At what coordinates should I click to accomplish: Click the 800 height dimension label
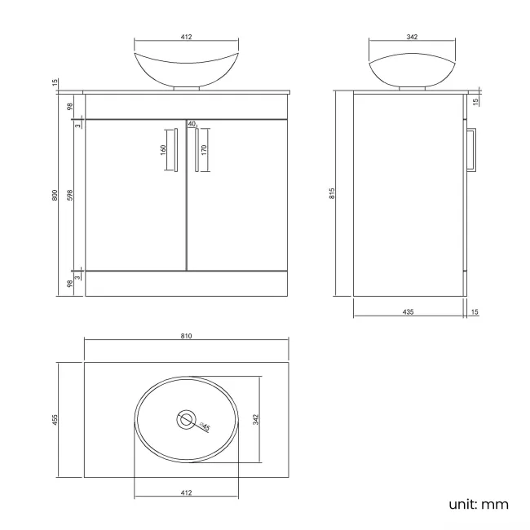(55, 195)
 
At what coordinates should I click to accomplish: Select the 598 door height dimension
(71, 195)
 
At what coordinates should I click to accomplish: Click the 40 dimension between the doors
(192, 124)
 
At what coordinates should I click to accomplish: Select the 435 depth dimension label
(409, 311)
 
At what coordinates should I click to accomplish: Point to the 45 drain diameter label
(205, 427)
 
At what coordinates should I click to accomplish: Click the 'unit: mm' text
(479, 504)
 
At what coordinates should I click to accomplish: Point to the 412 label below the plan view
(186, 492)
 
